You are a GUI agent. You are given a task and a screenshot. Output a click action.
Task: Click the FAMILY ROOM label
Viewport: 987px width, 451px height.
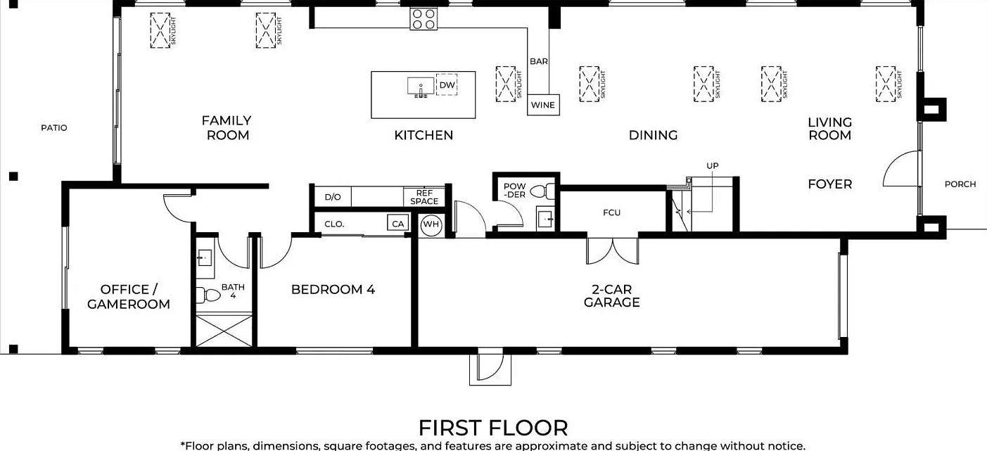click(227, 128)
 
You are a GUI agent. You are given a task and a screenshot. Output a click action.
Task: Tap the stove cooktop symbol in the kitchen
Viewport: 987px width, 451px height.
click(424, 19)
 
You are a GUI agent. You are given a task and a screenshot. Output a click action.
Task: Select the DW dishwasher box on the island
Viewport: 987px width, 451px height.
click(447, 84)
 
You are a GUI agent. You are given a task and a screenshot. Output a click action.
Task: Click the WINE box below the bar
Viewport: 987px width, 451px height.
click(543, 105)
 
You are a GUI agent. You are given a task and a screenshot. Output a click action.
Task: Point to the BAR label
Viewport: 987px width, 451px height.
click(539, 61)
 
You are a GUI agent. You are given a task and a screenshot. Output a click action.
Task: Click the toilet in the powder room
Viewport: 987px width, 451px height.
click(542, 191)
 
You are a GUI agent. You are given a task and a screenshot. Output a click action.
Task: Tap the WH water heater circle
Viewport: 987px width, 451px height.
click(431, 224)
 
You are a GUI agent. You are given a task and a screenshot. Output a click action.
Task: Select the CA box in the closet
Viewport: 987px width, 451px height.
click(397, 224)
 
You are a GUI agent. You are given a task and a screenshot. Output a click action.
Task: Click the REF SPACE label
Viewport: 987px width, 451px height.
click(424, 197)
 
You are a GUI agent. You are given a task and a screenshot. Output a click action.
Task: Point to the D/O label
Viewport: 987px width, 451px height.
click(333, 197)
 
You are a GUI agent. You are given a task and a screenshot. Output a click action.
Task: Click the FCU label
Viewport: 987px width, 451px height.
click(611, 212)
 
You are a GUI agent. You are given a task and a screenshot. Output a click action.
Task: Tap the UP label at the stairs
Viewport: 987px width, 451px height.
click(713, 166)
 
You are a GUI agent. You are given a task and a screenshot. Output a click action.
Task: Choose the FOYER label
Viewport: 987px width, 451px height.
click(829, 184)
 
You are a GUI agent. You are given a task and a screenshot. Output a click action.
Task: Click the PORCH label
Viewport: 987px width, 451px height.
click(960, 184)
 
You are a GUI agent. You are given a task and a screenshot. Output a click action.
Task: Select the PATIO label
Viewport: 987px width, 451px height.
click(54, 128)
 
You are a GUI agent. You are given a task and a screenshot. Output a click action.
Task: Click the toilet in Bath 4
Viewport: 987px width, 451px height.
click(208, 295)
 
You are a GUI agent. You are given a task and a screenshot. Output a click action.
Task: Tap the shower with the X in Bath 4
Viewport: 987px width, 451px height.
click(224, 330)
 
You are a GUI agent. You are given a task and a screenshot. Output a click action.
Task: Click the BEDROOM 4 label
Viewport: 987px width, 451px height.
click(333, 290)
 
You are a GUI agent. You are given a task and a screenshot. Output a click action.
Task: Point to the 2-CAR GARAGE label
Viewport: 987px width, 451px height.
click(611, 296)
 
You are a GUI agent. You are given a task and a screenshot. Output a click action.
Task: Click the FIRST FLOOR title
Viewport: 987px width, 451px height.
click(493, 428)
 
